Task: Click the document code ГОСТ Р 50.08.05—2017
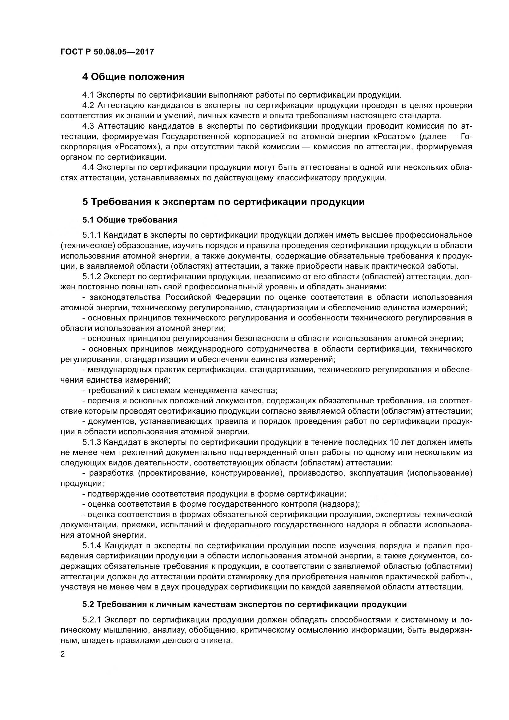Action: [x=107, y=52]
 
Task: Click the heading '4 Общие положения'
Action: [x=133, y=77]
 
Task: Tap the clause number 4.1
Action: [x=88, y=95]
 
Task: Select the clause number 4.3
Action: [x=88, y=126]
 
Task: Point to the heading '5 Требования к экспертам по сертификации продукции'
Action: [x=223, y=202]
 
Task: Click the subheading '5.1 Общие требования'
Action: [x=130, y=220]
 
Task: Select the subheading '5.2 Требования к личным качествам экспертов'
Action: [x=244, y=604]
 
